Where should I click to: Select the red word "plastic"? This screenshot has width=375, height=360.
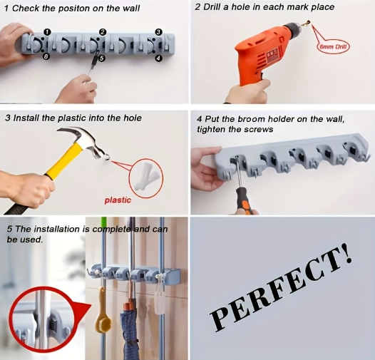tap(118, 200)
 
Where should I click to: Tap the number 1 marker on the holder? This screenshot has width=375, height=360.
tap(46, 32)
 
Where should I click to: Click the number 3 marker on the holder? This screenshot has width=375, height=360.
tap(158, 32)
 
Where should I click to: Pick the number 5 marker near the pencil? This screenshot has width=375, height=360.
tap(101, 58)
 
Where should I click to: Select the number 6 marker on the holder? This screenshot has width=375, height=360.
tap(46, 56)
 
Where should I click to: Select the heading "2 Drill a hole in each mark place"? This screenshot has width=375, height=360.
tap(274, 7)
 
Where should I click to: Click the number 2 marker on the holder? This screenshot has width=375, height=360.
tap(103, 32)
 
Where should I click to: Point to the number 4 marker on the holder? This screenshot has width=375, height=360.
tap(158, 57)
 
